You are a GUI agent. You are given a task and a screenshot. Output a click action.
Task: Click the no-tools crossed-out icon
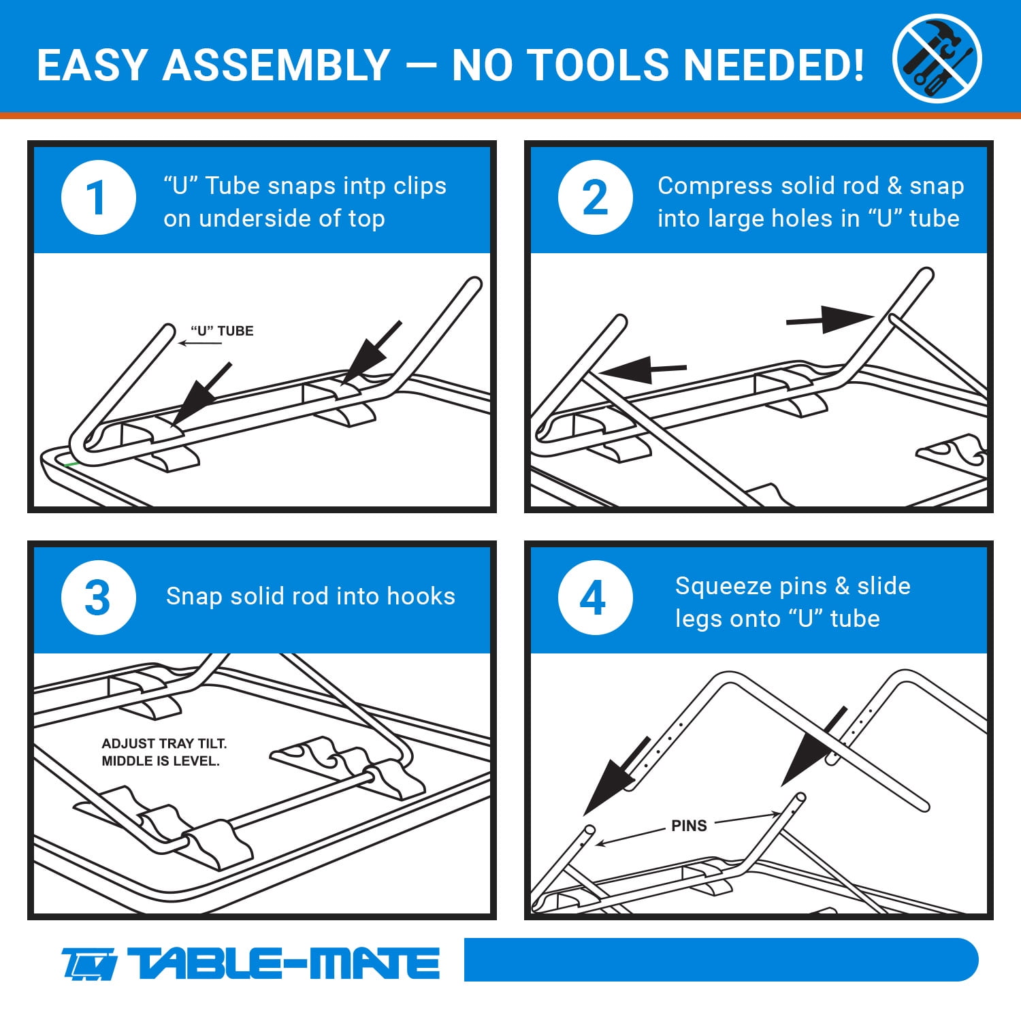[x=937, y=59]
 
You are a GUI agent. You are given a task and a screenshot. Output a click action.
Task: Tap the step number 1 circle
[x=99, y=197]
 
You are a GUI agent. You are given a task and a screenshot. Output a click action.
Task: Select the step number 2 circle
[x=596, y=197]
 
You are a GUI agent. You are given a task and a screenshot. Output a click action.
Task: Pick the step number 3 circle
[x=99, y=598]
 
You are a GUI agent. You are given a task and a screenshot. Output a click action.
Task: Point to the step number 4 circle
[x=596, y=598]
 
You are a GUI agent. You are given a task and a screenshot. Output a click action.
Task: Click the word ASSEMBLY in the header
[x=276, y=65]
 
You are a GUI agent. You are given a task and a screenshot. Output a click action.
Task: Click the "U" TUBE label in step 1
[x=222, y=331]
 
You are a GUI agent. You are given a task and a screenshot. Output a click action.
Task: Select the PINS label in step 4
[x=689, y=826]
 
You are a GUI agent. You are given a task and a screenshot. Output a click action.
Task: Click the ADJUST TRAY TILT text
[x=164, y=743]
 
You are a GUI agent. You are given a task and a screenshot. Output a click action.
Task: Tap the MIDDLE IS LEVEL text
[x=161, y=761]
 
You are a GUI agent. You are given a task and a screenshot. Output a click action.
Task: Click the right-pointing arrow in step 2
[x=830, y=319]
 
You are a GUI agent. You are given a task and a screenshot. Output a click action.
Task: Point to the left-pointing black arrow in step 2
[x=643, y=370]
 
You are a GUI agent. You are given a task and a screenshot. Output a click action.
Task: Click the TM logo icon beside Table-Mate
[x=89, y=965]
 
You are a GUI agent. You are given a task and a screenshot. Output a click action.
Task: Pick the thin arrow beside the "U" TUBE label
[x=200, y=343]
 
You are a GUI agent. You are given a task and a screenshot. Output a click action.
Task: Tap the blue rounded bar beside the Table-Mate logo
[x=722, y=960]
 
